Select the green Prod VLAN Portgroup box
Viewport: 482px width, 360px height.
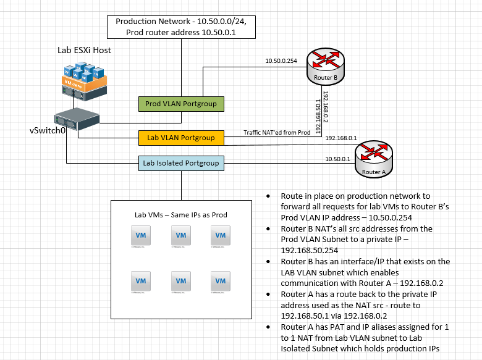click(x=180, y=104)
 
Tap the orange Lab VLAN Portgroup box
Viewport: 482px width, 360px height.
click(x=180, y=137)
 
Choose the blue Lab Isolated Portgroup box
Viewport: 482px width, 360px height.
click(x=180, y=163)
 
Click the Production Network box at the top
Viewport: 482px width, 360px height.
click(x=180, y=27)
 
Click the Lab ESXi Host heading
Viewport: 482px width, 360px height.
click(x=84, y=49)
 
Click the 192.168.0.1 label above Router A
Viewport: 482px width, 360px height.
click(x=341, y=138)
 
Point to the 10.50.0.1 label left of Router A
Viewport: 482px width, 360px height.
click(x=337, y=159)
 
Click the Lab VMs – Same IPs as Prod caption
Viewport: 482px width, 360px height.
click(x=180, y=215)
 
